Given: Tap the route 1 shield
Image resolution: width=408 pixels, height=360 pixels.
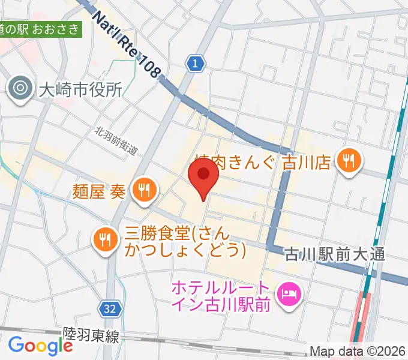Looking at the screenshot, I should point(194,63).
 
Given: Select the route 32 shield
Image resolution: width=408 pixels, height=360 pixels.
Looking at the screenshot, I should point(109,309).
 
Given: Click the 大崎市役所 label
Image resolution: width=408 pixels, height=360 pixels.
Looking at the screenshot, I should point(80,90).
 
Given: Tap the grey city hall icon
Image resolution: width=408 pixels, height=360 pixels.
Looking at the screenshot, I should point(20,89).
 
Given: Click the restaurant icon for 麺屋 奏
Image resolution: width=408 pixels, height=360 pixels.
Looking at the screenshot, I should point(144,190).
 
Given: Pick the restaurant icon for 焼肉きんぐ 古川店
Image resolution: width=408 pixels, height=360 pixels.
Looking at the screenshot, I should point(348,160).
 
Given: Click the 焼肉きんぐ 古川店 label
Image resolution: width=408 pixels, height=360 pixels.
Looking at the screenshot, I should point(264,161).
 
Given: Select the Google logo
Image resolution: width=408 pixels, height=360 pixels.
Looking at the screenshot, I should point(40,345).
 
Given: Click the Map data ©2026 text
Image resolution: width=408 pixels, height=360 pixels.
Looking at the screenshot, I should point(358,351).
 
